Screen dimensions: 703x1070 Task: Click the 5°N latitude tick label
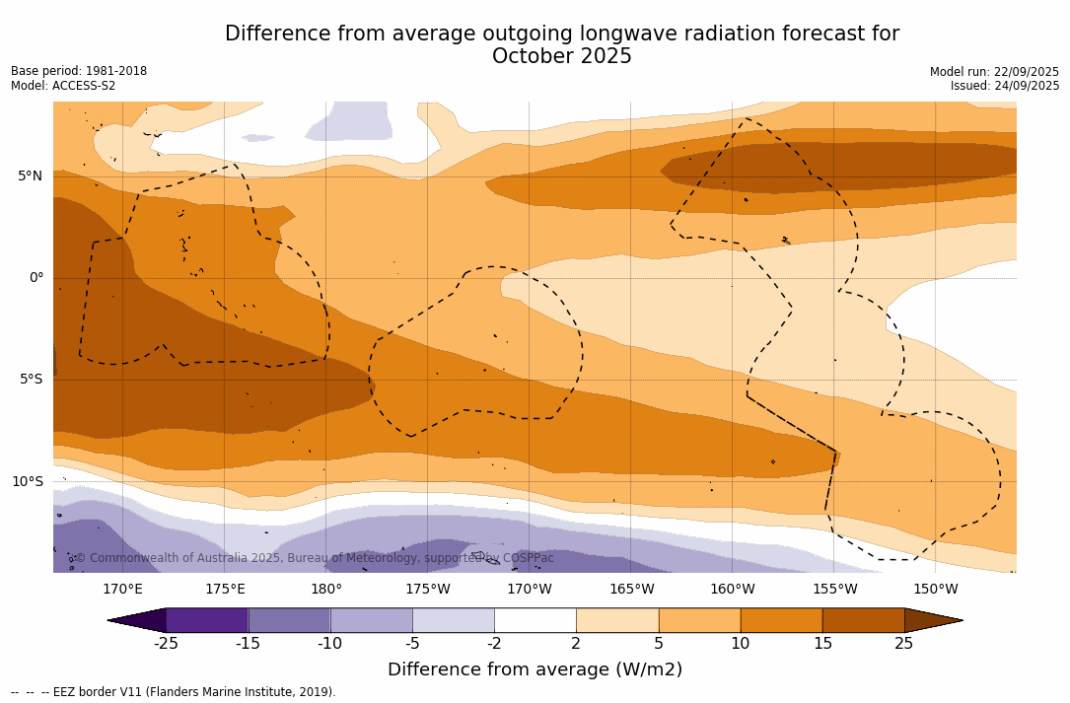click(30, 176)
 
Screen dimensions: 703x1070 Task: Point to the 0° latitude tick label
click(36, 278)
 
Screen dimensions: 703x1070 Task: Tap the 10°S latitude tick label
click(27, 482)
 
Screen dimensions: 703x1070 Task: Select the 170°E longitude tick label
click(122, 590)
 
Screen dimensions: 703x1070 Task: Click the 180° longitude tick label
click(326, 590)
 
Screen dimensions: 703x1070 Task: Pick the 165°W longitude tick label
click(631, 590)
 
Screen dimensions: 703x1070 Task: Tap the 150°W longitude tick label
click(935, 590)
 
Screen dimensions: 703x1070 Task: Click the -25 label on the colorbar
click(166, 644)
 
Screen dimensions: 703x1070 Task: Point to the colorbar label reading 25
click(903, 644)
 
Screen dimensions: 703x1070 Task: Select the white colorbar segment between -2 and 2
click(535, 620)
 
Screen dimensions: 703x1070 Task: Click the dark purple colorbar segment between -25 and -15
click(207, 620)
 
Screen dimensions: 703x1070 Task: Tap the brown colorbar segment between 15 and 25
click(863, 620)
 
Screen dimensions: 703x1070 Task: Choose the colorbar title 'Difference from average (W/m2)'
click(535, 670)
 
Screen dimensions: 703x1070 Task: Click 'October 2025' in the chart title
click(562, 57)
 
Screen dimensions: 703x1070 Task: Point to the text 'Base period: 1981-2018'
click(79, 71)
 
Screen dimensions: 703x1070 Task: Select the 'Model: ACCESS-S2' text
click(63, 86)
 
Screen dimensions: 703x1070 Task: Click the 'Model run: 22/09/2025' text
click(994, 72)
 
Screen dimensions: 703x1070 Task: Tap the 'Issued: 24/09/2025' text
click(1005, 86)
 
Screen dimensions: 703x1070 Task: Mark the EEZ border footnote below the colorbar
click(174, 692)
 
